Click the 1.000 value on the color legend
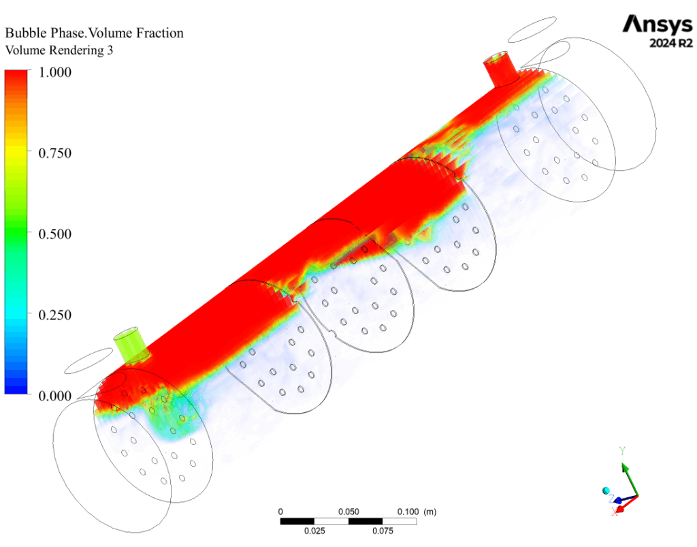[x=54, y=72]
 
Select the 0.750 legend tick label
[x=54, y=153]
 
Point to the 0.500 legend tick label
[x=54, y=234]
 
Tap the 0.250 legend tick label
[x=54, y=315]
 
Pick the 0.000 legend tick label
[x=54, y=396]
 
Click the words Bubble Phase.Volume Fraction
[x=94, y=33]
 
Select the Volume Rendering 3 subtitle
[x=59, y=50]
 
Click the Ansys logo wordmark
[x=658, y=25]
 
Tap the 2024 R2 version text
[x=670, y=43]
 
